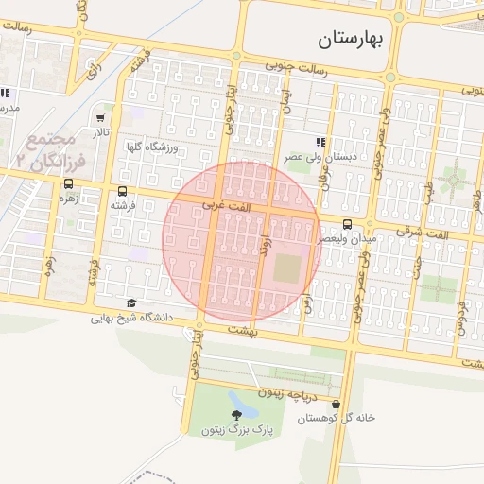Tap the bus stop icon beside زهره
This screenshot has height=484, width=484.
pos(69,184)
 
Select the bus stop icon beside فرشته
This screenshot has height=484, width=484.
pos(123,190)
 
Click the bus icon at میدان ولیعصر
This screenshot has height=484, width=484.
pos(348,225)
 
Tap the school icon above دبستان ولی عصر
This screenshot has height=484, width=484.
pos(321,141)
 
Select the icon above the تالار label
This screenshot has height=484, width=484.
pos(101,118)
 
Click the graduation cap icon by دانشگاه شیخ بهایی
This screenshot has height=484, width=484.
pos(131,302)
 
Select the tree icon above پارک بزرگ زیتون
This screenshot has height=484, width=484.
pos(236,415)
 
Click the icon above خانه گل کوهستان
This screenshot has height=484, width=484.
pos(337,404)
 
